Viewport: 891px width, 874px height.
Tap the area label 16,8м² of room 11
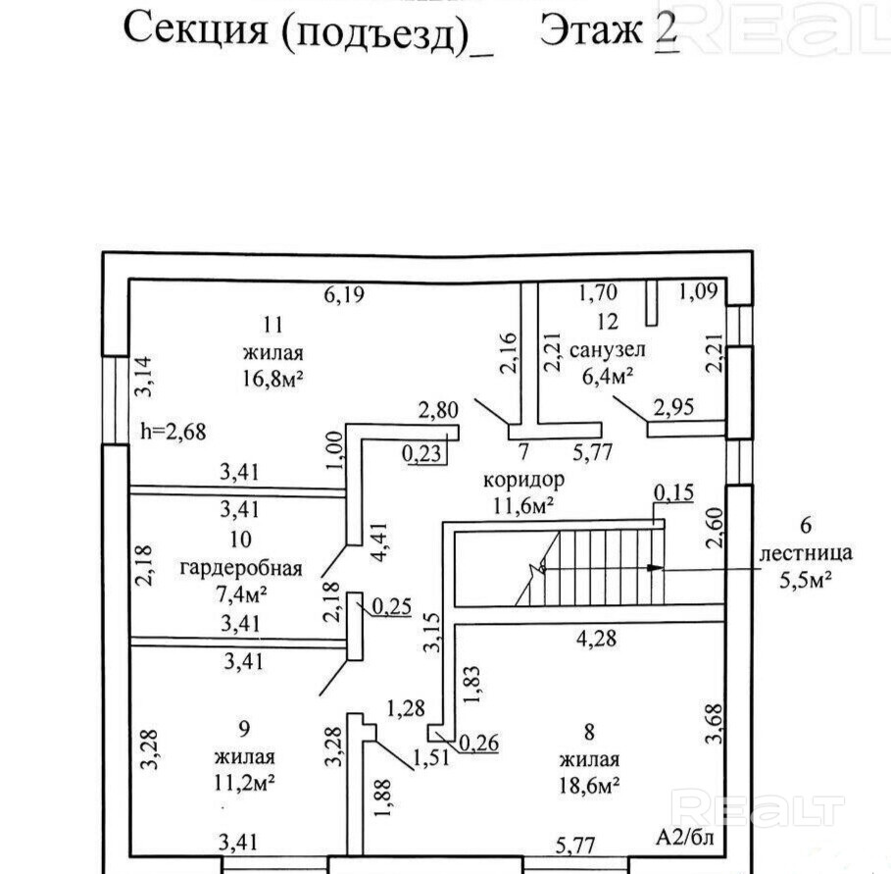(x=273, y=378)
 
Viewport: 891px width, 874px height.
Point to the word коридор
(x=524, y=481)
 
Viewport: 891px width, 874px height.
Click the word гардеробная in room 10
(x=241, y=568)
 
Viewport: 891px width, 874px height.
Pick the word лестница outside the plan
(x=806, y=553)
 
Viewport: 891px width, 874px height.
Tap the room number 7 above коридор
(x=523, y=453)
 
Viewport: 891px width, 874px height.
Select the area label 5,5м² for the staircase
(x=806, y=579)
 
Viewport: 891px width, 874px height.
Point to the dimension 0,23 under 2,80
(x=422, y=454)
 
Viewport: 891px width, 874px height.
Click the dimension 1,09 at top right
(x=700, y=291)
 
